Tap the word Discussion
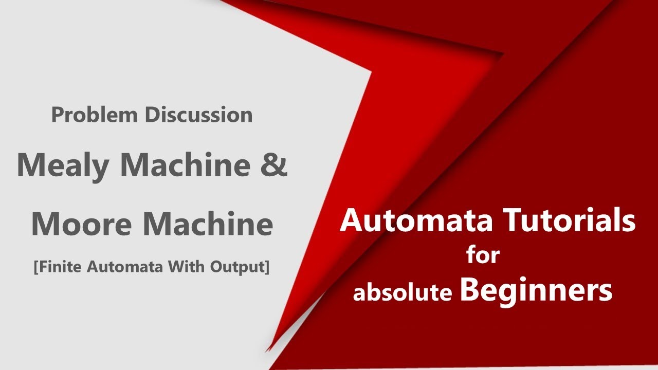tap(198, 115)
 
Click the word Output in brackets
tap(242, 268)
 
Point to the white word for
tap(483, 254)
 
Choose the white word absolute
tap(403, 292)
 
